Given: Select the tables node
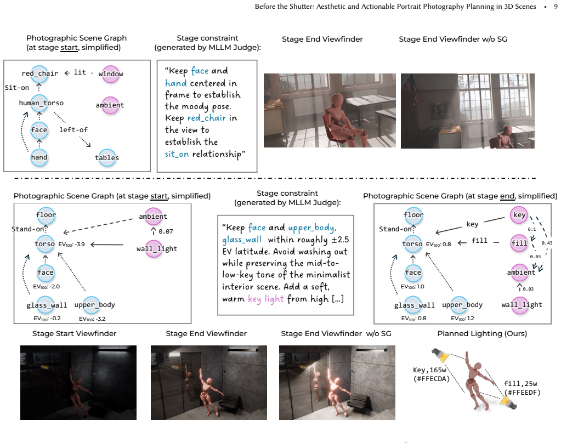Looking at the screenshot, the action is pyautogui.click(x=107, y=158).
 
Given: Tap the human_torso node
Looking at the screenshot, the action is pyautogui.click(x=39, y=103).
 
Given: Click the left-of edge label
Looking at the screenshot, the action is pyautogui.click(x=73, y=130).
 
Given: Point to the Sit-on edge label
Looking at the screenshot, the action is pyautogui.click(x=17, y=88).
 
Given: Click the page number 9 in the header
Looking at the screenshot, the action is pyautogui.click(x=556, y=7).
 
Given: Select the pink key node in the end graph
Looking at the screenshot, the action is pyautogui.click(x=519, y=215).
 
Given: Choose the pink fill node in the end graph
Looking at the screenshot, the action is pyautogui.click(x=519, y=243).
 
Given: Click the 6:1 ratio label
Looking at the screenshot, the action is pyautogui.click(x=532, y=229).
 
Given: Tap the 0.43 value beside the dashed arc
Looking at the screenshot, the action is pyautogui.click(x=547, y=243).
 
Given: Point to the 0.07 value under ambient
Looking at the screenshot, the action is pyautogui.click(x=166, y=231).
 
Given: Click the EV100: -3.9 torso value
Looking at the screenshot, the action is pyautogui.click(x=71, y=245).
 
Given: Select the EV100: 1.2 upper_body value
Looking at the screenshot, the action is pyautogui.click(x=462, y=319).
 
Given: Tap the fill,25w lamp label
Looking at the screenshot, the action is pyautogui.click(x=522, y=388).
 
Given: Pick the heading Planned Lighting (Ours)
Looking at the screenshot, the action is pyautogui.click(x=482, y=334).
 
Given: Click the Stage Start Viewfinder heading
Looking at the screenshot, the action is pyautogui.click(x=75, y=334).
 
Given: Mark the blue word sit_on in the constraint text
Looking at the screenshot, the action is pyautogui.click(x=177, y=154).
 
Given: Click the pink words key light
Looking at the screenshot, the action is pyautogui.click(x=266, y=299).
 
